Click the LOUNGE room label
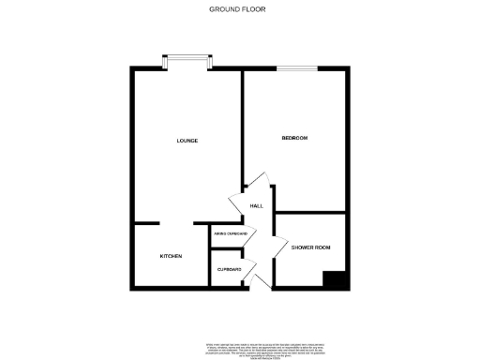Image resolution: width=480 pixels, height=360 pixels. (x=187, y=141)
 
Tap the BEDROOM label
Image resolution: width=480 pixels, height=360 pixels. (x=294, y=138)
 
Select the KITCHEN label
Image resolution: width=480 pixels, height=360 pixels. (x=170, y=256)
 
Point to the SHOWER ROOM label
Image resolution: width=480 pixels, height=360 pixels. (x=310, y=247)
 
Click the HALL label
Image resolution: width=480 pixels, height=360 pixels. (x=256, y=207)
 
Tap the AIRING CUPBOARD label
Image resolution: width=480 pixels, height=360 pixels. (x=229, y=232)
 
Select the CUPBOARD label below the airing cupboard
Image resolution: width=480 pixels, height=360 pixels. (x=229, y=269)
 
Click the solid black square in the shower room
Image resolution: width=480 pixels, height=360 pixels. (x=335, y=279)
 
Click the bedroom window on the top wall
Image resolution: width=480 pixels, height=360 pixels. (x=297, y=67)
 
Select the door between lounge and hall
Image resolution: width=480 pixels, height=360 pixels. (x=237, y=203)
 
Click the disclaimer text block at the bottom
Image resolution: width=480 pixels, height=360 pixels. (x=239, y=350)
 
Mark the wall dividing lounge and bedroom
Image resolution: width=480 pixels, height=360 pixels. (x=243, y=122)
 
